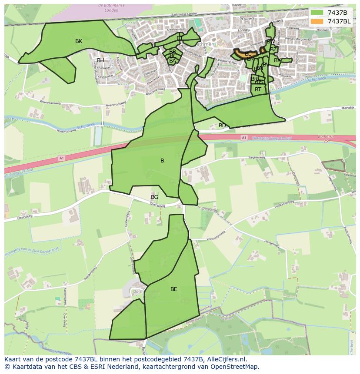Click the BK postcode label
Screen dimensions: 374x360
(78, 41)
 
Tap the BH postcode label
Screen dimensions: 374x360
(100, 60)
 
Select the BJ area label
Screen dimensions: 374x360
(180, 38)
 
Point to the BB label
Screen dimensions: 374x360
(173, 51)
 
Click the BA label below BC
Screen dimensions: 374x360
(173, 61)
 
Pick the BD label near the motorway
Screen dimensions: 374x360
(222, 126)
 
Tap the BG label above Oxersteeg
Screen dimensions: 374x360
(154, 197)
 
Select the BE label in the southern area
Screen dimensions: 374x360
(173, 289)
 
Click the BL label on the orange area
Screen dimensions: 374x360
(248, 54)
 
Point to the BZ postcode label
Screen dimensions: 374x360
(273, 50)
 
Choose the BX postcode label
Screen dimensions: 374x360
(277, 60)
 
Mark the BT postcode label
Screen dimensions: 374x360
(258, 89)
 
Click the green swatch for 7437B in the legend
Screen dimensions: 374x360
(317, 13)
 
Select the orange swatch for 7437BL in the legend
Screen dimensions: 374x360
(317, 21)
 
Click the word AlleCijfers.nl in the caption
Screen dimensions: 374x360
(227, 359)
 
